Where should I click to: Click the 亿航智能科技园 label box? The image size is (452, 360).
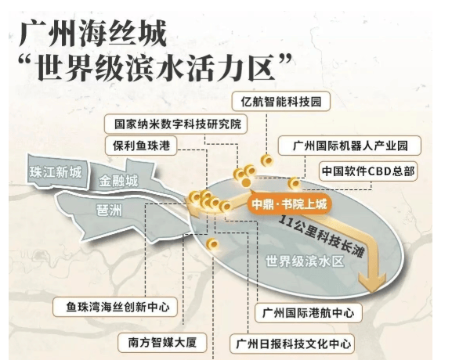point(280,102)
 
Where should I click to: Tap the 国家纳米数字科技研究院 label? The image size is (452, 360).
point(175,124)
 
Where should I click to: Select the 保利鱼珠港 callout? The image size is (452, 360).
point(141,146)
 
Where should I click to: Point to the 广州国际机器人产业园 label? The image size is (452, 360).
point(349,146)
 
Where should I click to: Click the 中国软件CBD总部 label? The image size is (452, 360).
point(368,171)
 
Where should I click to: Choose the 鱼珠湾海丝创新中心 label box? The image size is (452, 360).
point(115,307)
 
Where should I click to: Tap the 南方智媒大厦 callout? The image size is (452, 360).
point(162,343)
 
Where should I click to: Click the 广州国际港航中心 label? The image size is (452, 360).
point(309,313)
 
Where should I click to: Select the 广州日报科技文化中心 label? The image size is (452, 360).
point(293,344)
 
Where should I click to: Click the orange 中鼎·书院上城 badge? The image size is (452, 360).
point(289,204)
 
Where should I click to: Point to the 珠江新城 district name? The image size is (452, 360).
point(56,172)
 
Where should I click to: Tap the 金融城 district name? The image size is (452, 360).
point(118,181)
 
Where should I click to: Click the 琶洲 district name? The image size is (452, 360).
point(109,211)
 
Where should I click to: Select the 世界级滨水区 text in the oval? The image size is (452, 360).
point(305,262)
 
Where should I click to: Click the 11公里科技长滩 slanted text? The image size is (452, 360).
point(321,236)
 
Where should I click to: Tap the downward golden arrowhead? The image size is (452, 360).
point(372,281)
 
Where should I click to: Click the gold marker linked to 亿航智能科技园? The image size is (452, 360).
point(267,160)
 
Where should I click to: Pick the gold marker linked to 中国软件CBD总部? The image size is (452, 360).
point(294,183)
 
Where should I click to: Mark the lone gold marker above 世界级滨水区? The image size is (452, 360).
point(212,244)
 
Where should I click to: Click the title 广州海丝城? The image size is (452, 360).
point(93,34)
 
